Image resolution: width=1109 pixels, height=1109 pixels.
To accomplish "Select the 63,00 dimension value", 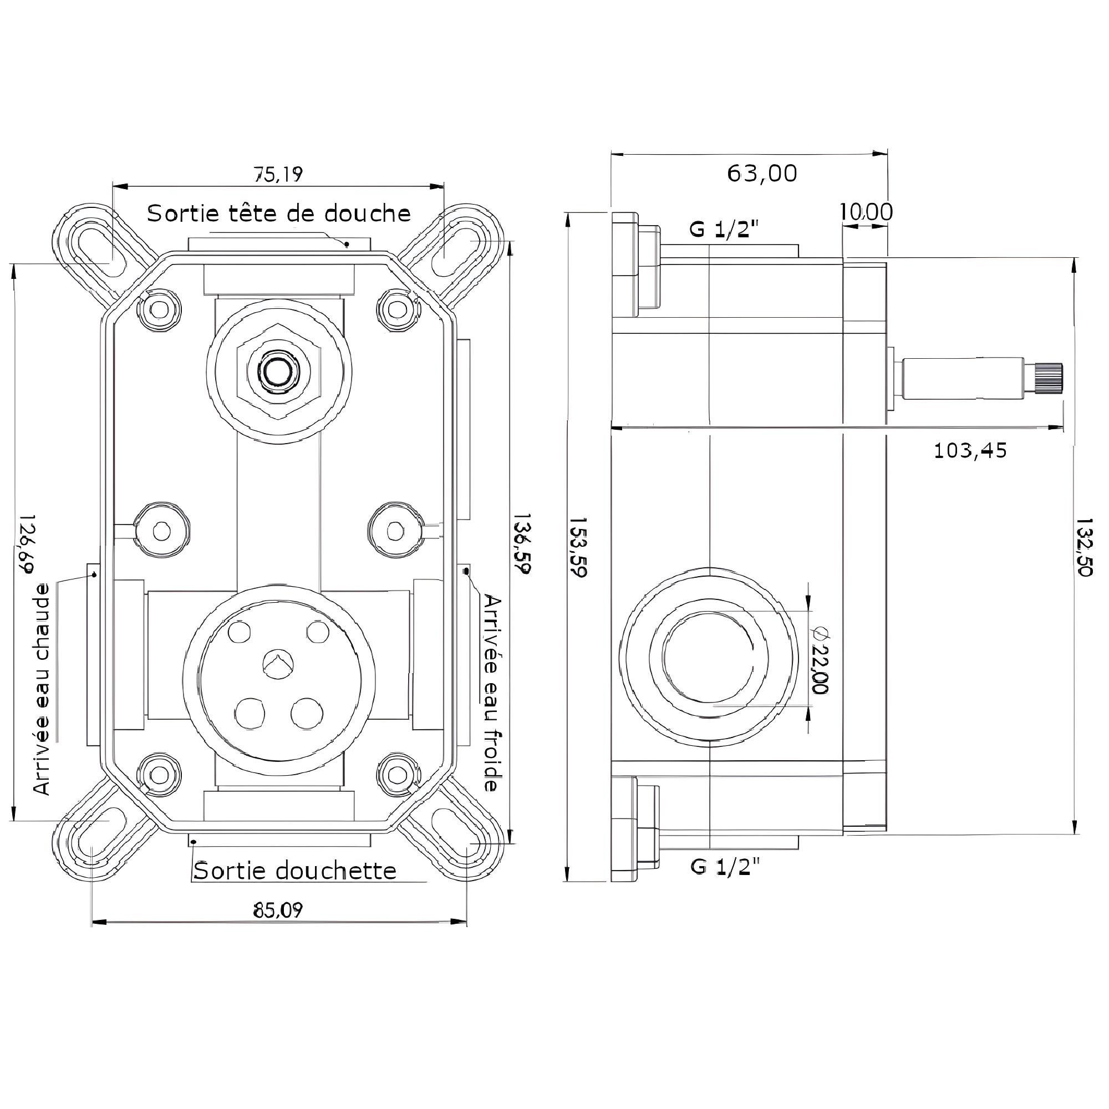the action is (x=762, y=173).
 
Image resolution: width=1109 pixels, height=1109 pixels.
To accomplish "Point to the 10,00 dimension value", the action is (x=866, y=212).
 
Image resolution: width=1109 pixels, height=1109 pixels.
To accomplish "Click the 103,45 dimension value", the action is (x=970, y=451).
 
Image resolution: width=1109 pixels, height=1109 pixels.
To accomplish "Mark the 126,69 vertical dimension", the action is (x=26, y=542).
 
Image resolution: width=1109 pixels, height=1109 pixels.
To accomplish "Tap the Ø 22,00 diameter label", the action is (x=820, y=659).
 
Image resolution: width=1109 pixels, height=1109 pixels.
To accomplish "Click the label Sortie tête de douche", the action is (x=279, y=213).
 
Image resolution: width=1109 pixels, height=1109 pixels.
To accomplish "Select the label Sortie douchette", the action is (x=294, y=871).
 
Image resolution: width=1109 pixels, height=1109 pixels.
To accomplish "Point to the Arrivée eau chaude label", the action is (x=42, y=689).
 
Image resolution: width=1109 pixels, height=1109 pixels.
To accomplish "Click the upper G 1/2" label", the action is (x=724, y=230).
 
